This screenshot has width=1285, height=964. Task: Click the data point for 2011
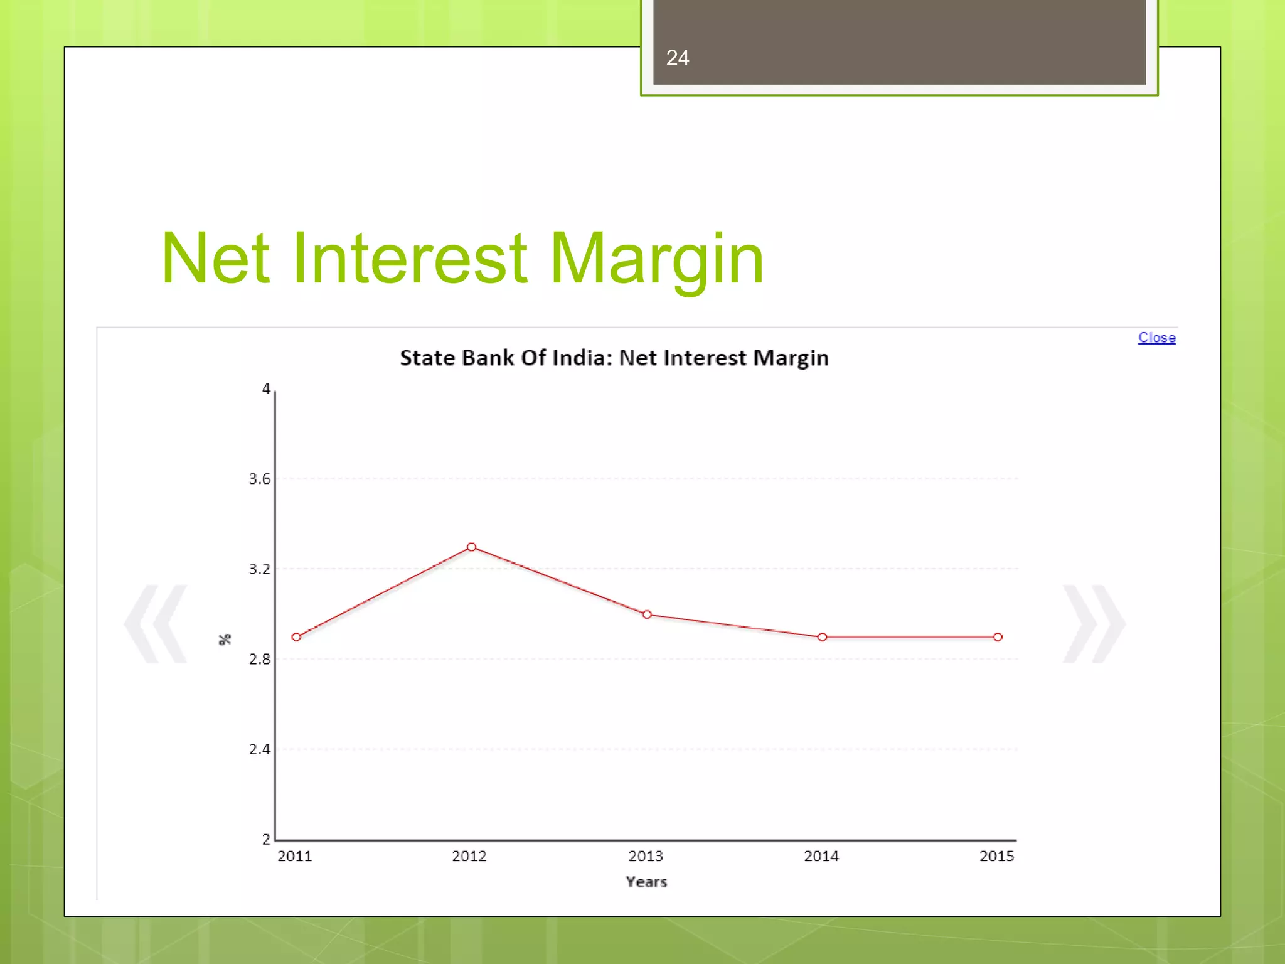coord(296,637)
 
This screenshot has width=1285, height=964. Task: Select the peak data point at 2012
coord(471,547)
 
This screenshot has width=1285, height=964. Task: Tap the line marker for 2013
coord(647,614)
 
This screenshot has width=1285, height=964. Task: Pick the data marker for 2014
coord(822,637)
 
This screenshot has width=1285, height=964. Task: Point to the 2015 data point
coord(998,637)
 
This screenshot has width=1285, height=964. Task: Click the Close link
coord(1156,338)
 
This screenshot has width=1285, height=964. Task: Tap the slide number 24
coord(678,58)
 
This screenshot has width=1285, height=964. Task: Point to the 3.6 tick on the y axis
coord(259,479)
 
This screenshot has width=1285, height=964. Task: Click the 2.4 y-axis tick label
coord(259,749)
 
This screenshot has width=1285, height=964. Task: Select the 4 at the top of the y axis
coord(266,389)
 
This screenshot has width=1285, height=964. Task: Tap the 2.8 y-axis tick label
coord(259,659)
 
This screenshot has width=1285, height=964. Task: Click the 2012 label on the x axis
coord(469,856)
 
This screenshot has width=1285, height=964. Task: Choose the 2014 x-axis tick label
coord(821,856)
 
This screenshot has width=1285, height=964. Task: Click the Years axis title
coord(646,882)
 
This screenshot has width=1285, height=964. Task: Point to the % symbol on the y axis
coord(225,640)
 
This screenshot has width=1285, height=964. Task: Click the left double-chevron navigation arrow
coord(156,624)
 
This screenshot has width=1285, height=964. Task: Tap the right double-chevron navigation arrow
coord(1094,624)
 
